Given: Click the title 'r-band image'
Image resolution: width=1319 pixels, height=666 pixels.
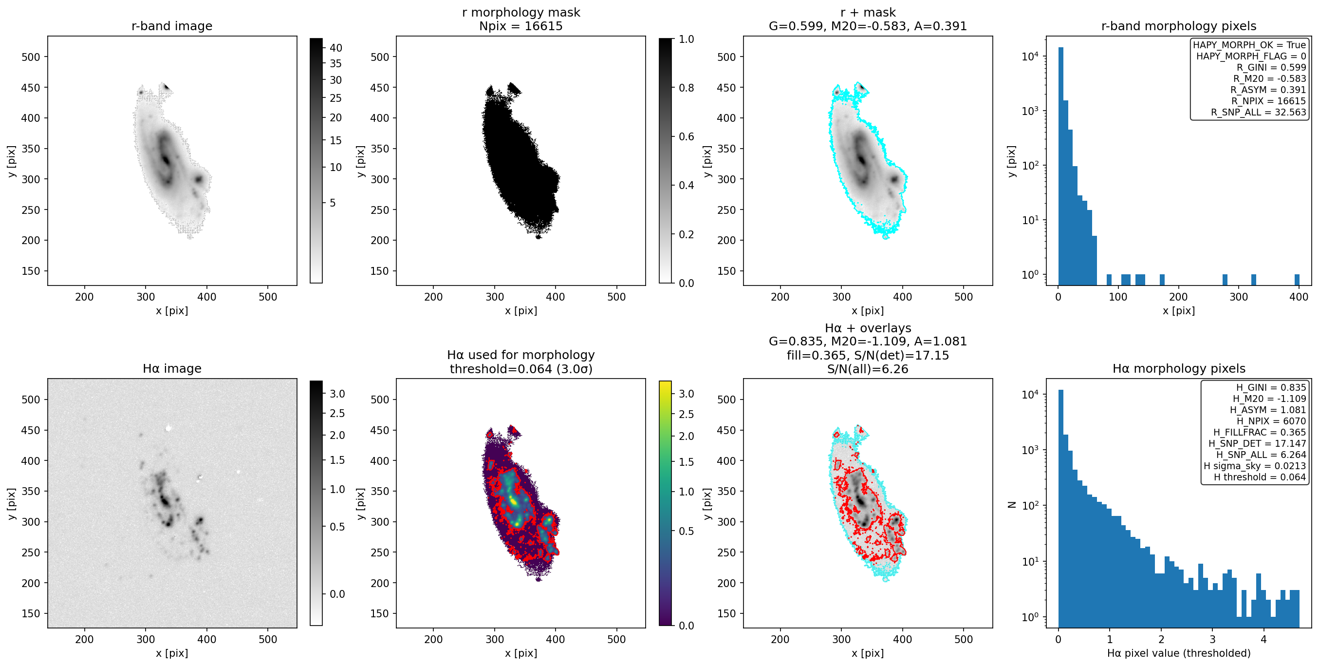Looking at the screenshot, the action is [171, 26].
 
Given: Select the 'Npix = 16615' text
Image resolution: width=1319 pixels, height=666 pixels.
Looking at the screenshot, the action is [521, 26].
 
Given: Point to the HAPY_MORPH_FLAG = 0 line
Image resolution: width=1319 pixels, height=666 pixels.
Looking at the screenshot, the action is [1251, 56].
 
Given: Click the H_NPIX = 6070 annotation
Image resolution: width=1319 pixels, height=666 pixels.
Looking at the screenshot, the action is [1271, 421].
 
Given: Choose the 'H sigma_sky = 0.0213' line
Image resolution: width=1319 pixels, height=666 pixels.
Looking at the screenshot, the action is [1254, 466].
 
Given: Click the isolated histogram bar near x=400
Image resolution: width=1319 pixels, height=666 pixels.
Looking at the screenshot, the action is [1297, 280].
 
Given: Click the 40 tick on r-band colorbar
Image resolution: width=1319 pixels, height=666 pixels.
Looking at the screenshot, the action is [336, 48].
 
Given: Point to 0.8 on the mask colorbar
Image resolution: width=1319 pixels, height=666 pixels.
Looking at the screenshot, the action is [686, 88].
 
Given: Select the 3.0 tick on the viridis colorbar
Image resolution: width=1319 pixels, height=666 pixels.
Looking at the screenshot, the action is [686, 394].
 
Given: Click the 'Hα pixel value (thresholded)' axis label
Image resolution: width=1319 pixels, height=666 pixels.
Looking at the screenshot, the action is [1179, 653].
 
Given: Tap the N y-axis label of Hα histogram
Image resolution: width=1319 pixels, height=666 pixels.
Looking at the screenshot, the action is [1012, 505].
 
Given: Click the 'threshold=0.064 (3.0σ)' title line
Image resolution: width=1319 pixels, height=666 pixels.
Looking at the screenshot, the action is [521, 369].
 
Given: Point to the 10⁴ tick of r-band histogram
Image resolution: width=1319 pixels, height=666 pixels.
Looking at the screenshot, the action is [1030, 56].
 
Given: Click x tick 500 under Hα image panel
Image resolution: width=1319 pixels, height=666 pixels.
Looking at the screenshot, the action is [268, 639].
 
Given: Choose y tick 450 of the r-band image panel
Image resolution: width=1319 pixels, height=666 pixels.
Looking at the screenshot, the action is [31, 88].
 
